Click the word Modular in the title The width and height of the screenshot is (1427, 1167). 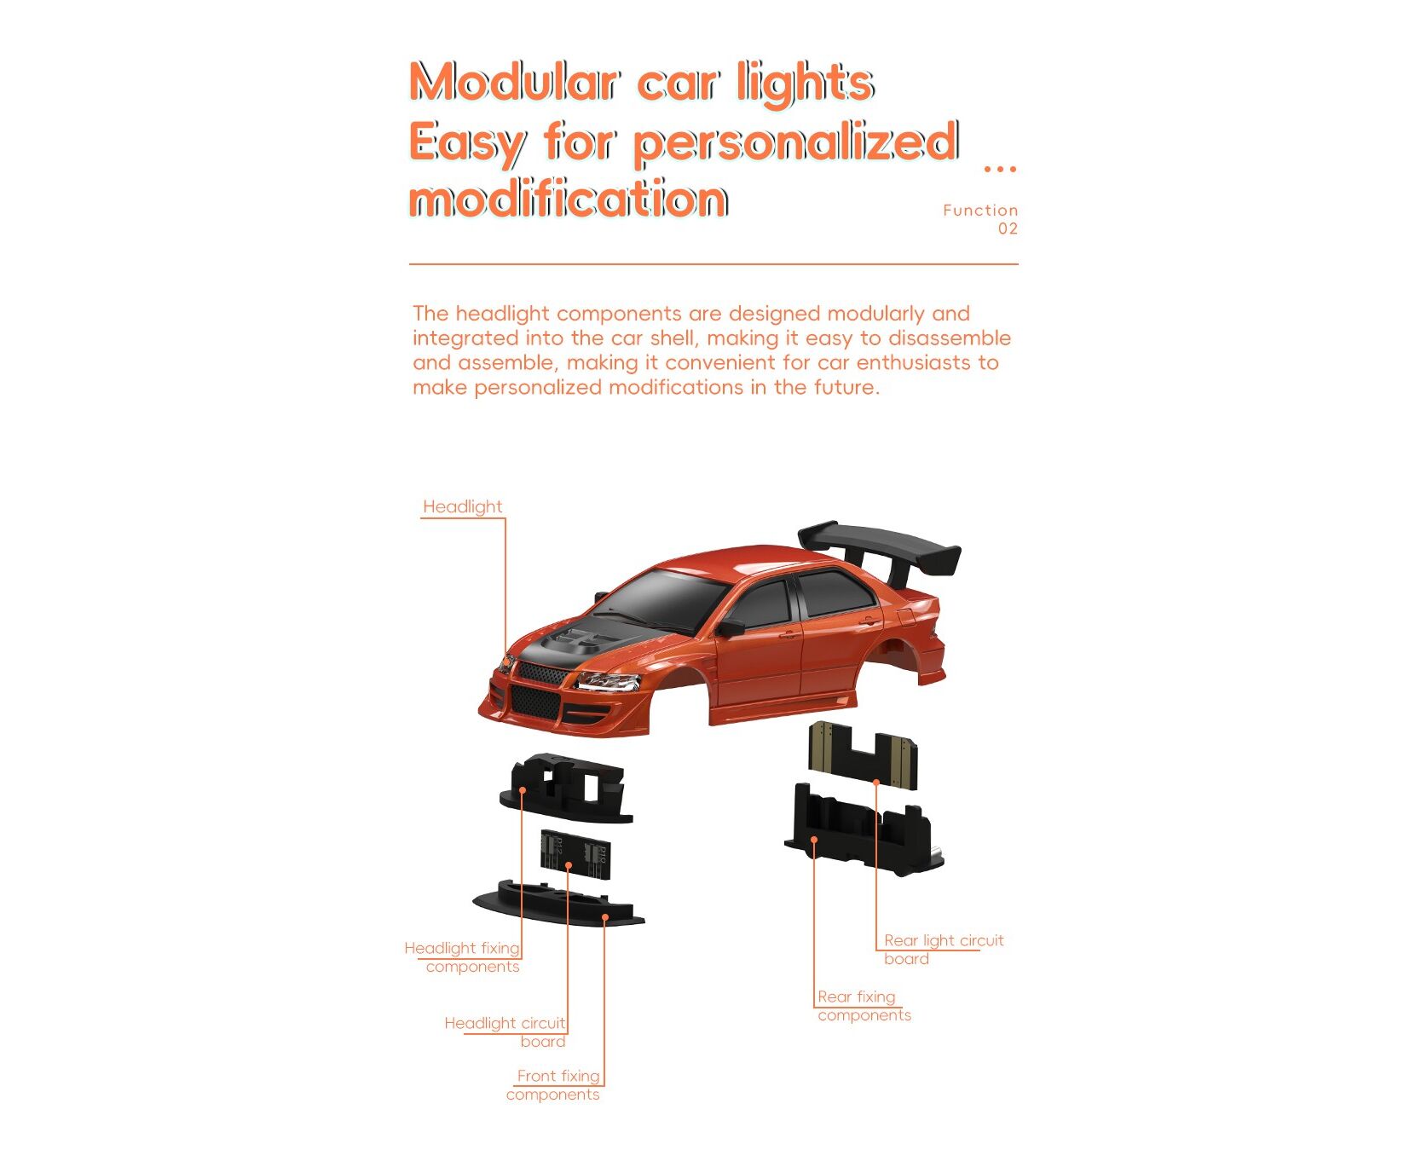[x=513, y=83]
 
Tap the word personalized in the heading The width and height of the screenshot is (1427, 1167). [x=796, y=143]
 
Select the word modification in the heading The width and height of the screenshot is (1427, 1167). [x=569, y=199]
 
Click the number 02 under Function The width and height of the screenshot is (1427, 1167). [x=1008, y=228]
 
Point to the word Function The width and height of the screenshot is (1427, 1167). [x=980, y=210]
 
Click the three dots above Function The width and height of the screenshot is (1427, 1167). [x=1000, y=169]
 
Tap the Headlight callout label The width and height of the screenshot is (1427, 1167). [x=463, y=507]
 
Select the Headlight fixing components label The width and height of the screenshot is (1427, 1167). [x=462, y=957]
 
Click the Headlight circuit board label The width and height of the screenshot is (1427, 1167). [x=506, y=1032]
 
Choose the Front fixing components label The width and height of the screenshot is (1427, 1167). [x=554, y=1085]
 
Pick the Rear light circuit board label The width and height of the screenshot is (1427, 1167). [x=944, y=950]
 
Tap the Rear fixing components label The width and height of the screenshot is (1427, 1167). [x=864, y=1006]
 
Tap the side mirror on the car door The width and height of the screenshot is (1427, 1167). [x=730, y=628]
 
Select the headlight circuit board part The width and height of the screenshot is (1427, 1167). [x=575, y=853]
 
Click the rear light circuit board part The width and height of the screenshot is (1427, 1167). [x=863, y=753]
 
